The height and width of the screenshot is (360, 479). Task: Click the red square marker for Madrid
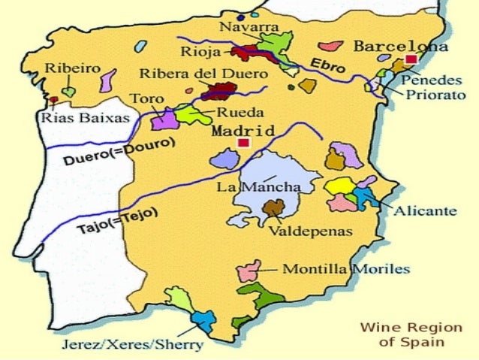[x=242, y=143]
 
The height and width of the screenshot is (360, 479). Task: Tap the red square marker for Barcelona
[x=410, y=59]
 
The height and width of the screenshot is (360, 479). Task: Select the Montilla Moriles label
[x=345, y=268]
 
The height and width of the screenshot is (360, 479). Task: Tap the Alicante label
[x=425, y=211]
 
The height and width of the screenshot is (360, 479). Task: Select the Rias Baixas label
[x=85, y=118]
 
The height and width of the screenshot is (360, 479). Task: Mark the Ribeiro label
[x=74, y=68]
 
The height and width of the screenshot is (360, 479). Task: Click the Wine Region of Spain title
[x=402, y=334]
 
